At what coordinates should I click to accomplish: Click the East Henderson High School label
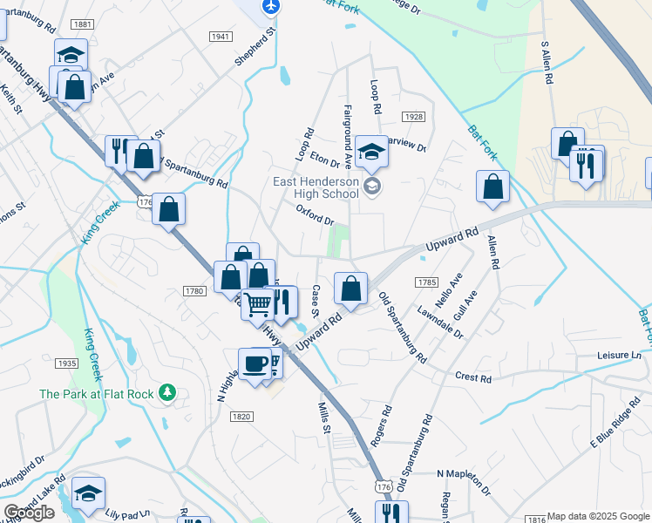tap(316, 187)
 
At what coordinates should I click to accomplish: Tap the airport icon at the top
tap(271, 6)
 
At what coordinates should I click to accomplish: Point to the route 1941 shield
tap(221, 36)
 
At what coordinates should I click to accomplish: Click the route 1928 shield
tap(412, 117)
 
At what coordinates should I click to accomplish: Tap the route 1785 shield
tap(426, 282)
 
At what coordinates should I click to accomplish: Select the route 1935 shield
tap(66, 363)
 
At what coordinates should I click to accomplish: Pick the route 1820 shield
tap(241, 417)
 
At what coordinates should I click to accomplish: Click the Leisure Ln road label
tap(619, 356)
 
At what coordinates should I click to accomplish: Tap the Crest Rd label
tap(473, 377)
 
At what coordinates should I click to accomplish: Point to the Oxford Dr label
tap(315, 215)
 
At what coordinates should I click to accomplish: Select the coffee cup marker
tap(255, 363)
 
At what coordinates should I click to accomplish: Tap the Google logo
tap(29, 513)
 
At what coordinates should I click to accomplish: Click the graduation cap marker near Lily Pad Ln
tap(88, 492)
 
